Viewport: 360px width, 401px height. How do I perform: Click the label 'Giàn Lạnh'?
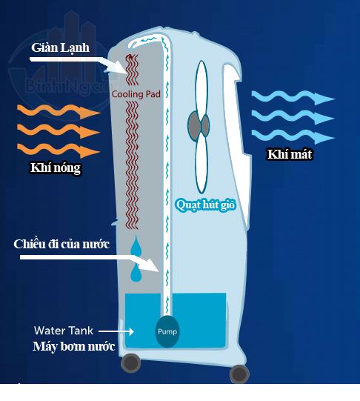pyautogui.click(x=60, y=48)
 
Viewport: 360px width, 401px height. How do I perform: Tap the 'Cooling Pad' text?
pyautogui.click(x=136, y=94)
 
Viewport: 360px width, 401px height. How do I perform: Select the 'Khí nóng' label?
pyautogui.click(x=56, y=168)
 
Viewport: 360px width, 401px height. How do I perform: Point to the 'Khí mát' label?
pyautogui.click(x=290, y=154)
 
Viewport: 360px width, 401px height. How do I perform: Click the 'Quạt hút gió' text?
pyautogui.click(x=206, y=205)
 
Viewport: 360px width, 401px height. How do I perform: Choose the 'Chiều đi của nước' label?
pyautogui.click(x=61, y=244)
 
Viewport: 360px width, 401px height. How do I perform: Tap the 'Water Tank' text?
pyautogui.click(x=64, y=331)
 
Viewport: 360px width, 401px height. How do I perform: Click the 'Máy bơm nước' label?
pyautogui.click(x=74, y=347)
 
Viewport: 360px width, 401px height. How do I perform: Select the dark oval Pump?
pyautogui.click(x=167, y=331)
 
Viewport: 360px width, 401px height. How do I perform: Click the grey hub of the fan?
pyautogui.click(x=199, y=125)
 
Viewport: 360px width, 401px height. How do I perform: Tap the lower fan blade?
pyautogui.click(x=201, y=164)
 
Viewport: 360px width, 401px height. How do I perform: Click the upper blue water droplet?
pyautogui.click(x=136, y=247)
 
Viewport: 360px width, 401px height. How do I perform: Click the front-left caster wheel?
pyautogui.click(x=131, y=363)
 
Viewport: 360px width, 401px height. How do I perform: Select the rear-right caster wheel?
pyautogui.click(x=239, y=374)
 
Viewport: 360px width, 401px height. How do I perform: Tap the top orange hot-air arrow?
pyautogui.click(x=59, y=111)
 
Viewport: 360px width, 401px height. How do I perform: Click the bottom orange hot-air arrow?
pyautogui.click(x=59, y=150)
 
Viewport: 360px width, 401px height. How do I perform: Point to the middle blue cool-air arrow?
pyautogui.click(x=293, y=116)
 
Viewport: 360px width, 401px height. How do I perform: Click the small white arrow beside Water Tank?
pyautogui.click(x=116, y=331)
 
